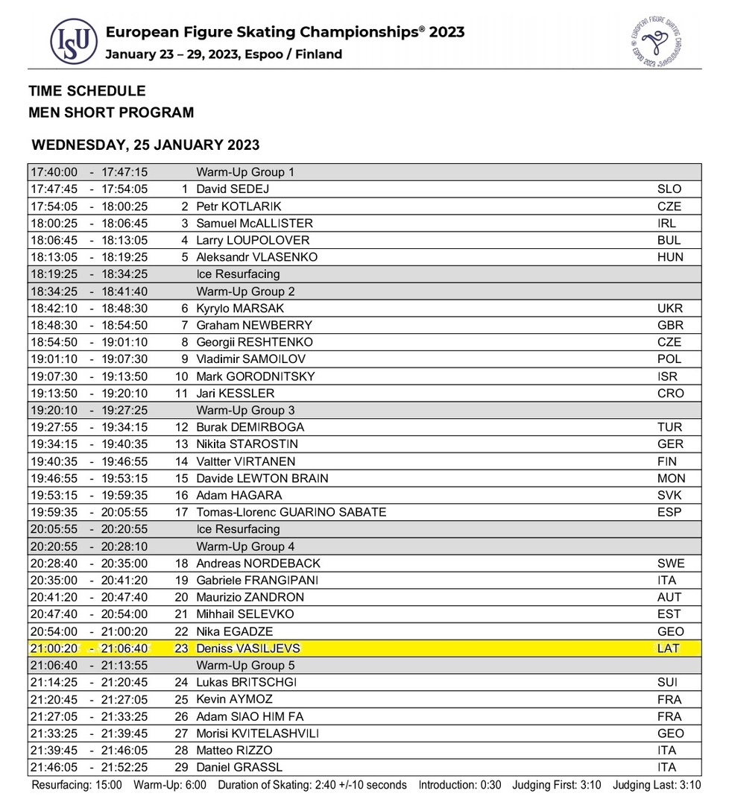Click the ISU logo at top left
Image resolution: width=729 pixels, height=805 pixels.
pos(73,42)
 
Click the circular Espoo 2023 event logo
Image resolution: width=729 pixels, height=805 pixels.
pos(657,41)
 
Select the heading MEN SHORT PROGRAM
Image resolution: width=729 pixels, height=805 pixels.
pos(111,113)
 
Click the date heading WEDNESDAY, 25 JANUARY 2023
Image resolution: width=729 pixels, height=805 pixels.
pos(145,145)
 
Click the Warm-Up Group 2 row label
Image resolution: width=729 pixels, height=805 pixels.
pos(245,291)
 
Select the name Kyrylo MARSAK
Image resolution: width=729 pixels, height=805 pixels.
pos(240,309)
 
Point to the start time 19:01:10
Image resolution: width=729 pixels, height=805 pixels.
pos(54,359)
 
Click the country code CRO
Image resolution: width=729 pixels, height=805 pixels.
pos(670,394)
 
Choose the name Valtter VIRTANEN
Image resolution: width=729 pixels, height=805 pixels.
pos(245,461)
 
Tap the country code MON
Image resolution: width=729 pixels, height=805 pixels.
pos(671,479)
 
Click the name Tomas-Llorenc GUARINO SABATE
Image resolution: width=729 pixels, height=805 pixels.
pos(291,513)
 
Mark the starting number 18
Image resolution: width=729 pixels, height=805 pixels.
pos(180,563)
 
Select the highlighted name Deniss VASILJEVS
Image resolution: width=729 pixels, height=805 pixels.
pos(247,648)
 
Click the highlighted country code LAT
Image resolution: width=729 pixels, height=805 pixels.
pos(669,648)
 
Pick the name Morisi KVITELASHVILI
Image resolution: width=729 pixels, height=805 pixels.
pos(257,733)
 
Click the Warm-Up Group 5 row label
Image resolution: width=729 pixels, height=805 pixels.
pos(245,665)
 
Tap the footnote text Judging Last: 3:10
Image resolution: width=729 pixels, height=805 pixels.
pos(657,785)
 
